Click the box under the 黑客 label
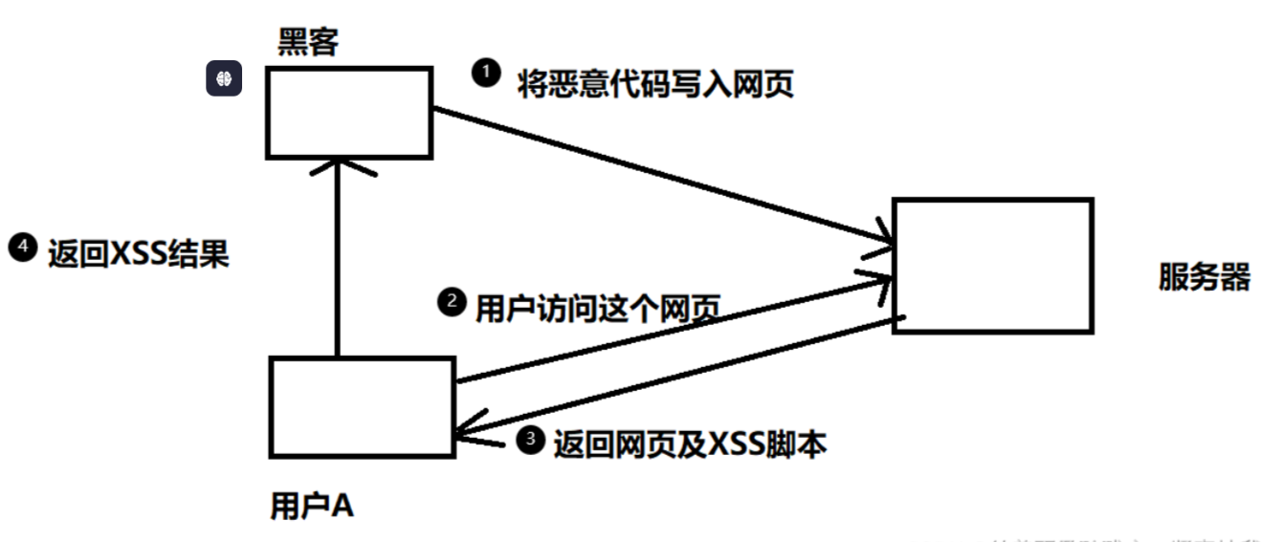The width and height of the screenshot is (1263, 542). pyautogui.click(x=348, y=112)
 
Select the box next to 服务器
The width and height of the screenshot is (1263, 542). pyautogui.click(x=992, y=265)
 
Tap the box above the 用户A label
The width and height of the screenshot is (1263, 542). pyautogui.click(x=362, y=406)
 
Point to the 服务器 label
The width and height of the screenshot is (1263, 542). pyautogui.click(x=1205, y=277)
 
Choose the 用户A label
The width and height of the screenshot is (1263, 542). pyautogui.click(x=312, y=507)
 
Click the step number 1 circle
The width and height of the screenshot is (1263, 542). pyautogui.click(x=487, y=73)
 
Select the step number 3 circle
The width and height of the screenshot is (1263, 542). pyautogui.click(x=530, y=440)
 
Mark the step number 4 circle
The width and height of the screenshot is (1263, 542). pyautogui.click(x=21, y=248)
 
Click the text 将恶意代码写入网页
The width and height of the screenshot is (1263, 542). pyautogui.click(x=655, y=84)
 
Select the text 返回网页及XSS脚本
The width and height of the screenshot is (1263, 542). pyautogui.click(x=689, y=444)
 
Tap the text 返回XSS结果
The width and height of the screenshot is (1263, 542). pyautogui.click(x=138, y=254)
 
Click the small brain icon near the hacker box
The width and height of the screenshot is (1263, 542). pyautogui.click(x=225, y=80)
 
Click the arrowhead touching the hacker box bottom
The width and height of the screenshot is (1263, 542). pyautogui.click(x=336, y=168)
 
